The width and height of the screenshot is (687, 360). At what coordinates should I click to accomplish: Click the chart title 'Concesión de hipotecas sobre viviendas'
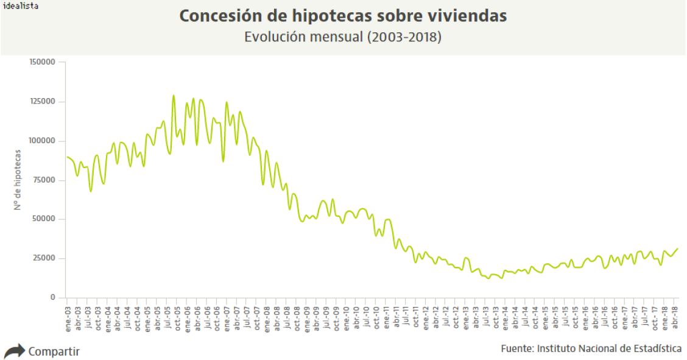click(x=343, y=16)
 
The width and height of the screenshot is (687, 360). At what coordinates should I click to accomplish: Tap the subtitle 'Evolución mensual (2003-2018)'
click(x=343, y=37)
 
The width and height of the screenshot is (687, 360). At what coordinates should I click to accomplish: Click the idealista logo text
click(x=21, y=5)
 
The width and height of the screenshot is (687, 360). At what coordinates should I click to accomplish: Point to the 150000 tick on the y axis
click(x=43, y=62)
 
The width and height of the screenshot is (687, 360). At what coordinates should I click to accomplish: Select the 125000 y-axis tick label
click(x=43, y=102)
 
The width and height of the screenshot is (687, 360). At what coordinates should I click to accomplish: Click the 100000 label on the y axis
click(x=43, y=141)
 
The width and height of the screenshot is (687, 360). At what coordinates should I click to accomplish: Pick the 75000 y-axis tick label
click(x=44, y=180)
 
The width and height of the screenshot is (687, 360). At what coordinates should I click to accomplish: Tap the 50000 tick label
click(x=44, y=219)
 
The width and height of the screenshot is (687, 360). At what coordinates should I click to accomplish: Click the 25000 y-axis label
click(x=44, y=258)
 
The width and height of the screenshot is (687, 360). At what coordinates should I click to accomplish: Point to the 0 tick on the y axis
click(x=53, y=297)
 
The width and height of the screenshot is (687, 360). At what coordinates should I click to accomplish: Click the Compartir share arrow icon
click(x=15, y=351)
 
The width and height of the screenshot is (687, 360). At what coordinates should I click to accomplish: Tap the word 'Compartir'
click(x=54, y=351)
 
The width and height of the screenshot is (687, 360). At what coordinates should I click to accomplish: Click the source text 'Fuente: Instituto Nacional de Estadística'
click(x=591, y=348)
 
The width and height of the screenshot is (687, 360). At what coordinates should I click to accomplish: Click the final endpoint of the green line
click(x=677, y=249)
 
